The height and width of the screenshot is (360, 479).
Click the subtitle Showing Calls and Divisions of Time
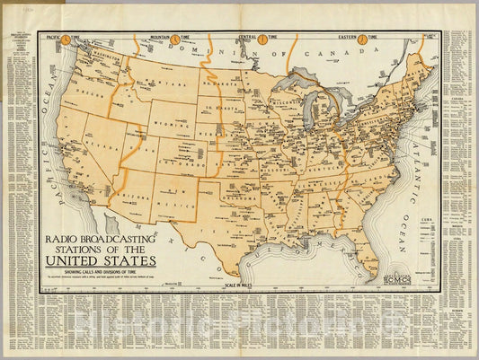(101, 272)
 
